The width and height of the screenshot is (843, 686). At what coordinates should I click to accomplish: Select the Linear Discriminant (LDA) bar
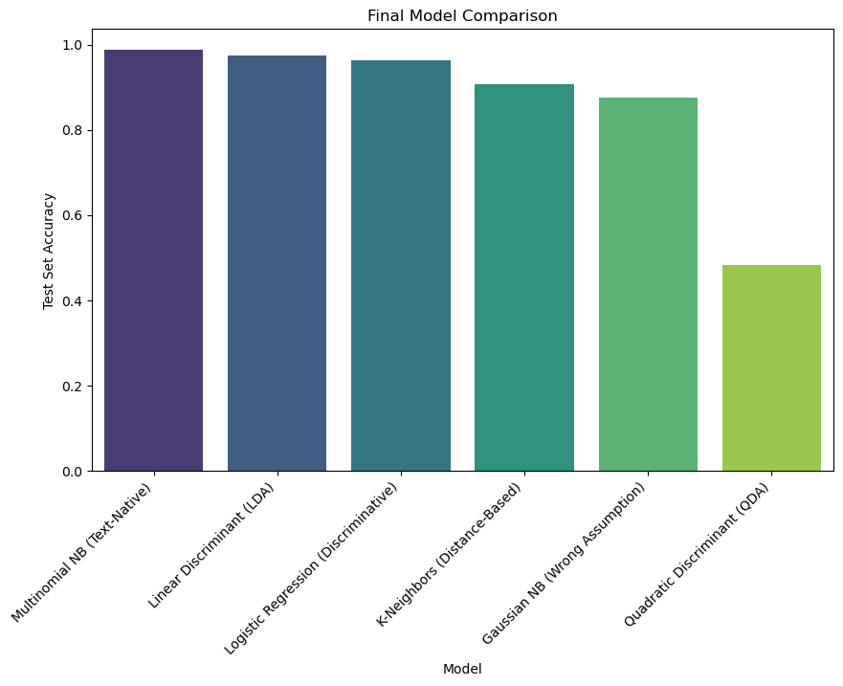pyautogui.click(x=277, y=263)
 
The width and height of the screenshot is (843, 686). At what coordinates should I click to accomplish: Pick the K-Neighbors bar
pyautogui.click(x=524, y=277)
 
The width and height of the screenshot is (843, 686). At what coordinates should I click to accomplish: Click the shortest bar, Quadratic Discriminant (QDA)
pyautogui.click(x=771, y=368)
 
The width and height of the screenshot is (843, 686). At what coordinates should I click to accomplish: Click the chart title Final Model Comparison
pyautogui.click(x=462, y=16)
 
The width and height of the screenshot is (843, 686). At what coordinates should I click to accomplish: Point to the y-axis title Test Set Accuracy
pyautogui.click(x=49, y=251)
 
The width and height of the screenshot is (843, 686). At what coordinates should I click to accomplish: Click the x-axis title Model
pyautogui.click(x=462, y=669)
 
